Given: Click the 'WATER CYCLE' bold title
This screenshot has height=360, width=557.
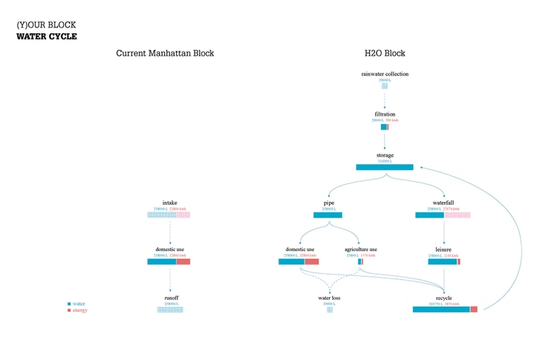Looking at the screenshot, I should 46,36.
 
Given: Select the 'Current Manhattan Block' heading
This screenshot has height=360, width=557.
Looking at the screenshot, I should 165,53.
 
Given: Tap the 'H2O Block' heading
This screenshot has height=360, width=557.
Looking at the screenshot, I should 385,53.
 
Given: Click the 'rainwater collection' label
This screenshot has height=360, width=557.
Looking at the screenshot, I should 385,74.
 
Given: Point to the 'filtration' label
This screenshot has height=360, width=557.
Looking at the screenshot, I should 385,114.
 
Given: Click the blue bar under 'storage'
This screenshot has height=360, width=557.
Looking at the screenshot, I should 385,167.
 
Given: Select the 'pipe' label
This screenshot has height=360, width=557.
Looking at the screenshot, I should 328,203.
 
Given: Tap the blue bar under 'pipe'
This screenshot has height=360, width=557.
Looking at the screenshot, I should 328,215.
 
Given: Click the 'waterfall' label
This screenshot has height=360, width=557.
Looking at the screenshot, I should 443,203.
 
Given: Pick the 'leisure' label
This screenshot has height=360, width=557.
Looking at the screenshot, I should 443,249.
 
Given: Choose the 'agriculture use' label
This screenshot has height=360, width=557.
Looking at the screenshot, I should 361,249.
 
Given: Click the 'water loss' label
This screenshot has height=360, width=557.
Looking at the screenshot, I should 329,298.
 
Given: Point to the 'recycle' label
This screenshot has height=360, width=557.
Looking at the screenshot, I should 443,298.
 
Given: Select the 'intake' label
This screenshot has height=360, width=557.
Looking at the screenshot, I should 170,203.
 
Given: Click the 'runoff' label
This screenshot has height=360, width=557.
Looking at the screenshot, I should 171,298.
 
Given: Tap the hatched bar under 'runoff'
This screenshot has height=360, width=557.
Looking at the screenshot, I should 170,310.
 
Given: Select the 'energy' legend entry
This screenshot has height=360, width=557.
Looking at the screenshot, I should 79,310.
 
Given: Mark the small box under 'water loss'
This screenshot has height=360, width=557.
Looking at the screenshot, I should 330,310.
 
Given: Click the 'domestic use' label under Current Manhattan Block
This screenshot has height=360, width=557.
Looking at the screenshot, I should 170,249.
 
